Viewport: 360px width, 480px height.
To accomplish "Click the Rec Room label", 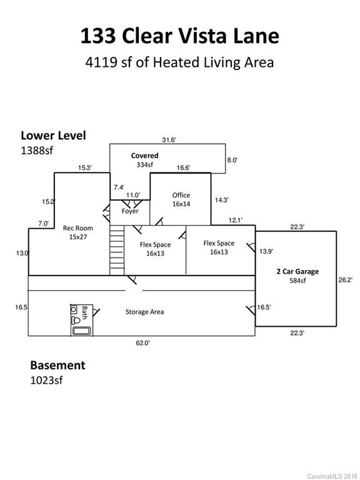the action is (77, 228).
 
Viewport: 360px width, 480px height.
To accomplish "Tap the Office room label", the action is (181, 195).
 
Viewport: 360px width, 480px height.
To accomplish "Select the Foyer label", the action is (130, 211).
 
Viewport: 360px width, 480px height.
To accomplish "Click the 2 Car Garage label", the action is (297, 271).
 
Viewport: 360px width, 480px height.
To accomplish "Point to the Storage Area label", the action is (144, 312).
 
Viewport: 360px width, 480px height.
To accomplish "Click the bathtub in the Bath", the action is (81, 331).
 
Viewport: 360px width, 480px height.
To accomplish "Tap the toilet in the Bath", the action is (76, 321).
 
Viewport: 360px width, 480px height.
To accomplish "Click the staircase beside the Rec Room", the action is (117, 250).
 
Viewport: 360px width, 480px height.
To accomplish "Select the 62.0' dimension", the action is (143, 343).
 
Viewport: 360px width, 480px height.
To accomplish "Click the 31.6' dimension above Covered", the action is (169, 140).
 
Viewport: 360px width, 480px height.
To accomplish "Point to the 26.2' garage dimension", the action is (345, 280).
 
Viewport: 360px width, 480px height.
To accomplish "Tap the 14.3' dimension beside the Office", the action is (222, 200).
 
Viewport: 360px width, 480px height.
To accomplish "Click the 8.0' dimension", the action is (232, 160).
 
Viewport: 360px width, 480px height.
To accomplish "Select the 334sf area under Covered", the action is (145, 164).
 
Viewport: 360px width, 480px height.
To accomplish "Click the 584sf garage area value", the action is (297, 281).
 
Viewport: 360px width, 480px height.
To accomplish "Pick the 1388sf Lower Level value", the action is (37, 150).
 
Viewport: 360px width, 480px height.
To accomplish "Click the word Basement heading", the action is (57, 365).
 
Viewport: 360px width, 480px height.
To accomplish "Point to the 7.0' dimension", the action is (44, 224).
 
